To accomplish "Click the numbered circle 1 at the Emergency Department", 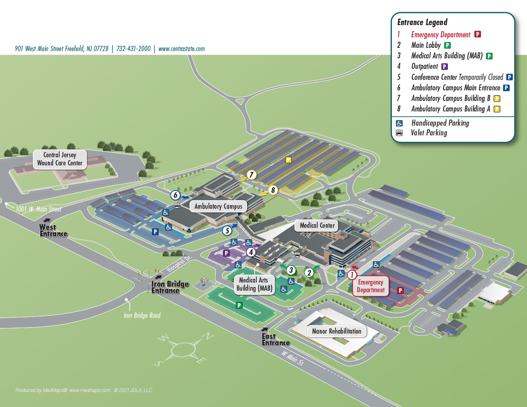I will point(352,275).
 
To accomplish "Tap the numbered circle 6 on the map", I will point(175,195).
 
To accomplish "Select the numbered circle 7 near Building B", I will point(252,175).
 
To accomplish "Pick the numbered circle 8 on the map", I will point(273,190).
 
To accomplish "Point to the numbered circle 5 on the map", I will point(227,231).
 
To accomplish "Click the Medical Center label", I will point(317,225).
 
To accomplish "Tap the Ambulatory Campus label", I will point(218,206).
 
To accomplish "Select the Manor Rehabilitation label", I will point(336,331).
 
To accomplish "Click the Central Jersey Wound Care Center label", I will point(60,159).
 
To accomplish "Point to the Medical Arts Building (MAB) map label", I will point(254,284).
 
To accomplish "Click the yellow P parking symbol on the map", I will point(288,160).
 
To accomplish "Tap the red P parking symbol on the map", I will point(400,290).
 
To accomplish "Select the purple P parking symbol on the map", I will point(226,253).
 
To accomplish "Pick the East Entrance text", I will point(275,340).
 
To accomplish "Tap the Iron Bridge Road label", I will point(142,315).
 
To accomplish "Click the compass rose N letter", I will point(208,336).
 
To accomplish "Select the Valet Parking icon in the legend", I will point(399,133).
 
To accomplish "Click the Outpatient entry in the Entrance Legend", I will point(424,66).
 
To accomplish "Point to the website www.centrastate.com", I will point(181,49).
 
